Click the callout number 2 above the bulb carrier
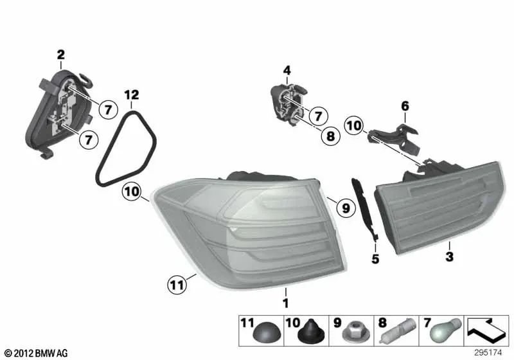pyautogui.click(x=60, y=54)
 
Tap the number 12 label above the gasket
pyautogui.click(x=131, y=95)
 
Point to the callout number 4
pyautogui.click(x=287, y=70)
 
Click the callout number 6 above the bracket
pyautogui.click(x=405, y=105)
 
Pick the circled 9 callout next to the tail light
pyautogui.click(x=344, y=208)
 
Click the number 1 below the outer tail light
pyautogui.click(x=285, y=301)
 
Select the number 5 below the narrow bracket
pyautogui.click(x=375, y=259)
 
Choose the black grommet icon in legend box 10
pyautogui.click(x=308, y=333)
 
